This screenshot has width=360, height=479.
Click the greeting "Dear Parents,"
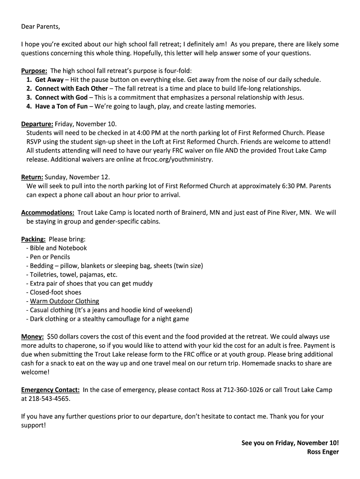41,26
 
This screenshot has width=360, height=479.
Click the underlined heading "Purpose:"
34,71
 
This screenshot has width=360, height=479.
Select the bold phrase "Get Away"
49,80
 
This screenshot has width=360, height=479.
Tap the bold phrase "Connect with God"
61,98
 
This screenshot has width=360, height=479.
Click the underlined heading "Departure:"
37,124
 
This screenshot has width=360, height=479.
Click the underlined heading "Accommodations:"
48,213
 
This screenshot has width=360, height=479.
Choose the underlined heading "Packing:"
33,239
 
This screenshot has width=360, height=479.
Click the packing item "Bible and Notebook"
58,248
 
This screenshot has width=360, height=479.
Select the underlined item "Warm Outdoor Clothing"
65,301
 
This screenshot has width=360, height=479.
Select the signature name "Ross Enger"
323,452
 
